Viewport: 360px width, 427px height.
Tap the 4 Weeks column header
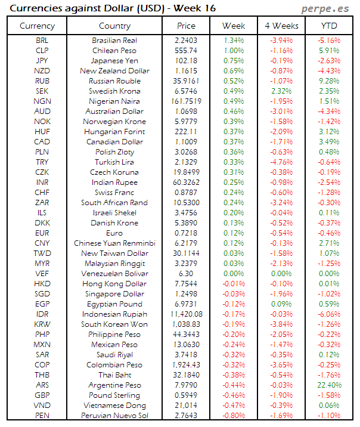[x=281, y=26]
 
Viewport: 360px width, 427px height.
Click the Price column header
[x=187, y=26]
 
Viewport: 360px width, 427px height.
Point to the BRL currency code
[x=42, y=41]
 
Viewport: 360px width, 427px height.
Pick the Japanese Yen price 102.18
[x=187, y=61]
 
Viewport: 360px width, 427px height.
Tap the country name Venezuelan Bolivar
[x=114, y=274]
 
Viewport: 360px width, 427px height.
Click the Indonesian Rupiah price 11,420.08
[x=187, y=314]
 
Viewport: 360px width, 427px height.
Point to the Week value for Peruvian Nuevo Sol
[x=234, y=416]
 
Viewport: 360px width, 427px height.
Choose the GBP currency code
[x=42, y=395]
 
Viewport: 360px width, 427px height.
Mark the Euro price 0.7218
[x=187, y=233]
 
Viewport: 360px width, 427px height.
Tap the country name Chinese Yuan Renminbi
[x=114, y=243]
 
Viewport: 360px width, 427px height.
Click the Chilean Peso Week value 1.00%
[x=234, y=51]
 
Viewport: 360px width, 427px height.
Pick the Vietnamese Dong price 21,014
[x=187, y=406]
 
